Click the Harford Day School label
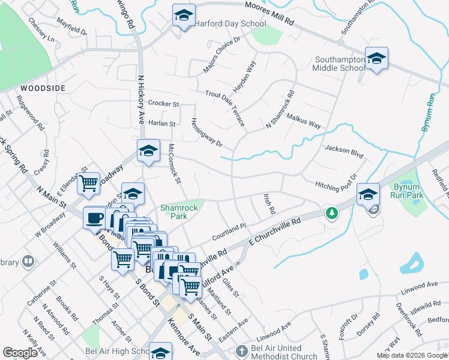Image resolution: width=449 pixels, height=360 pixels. tap(230, 24)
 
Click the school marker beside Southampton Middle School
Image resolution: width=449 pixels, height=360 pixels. tap(376, 58)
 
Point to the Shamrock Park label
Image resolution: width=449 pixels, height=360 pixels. tap(178, 212)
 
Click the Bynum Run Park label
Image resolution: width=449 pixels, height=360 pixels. tap(408, 191)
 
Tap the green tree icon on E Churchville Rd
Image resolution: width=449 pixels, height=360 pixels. tap(331, 212)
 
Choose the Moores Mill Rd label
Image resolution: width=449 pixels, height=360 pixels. tap(270, 14)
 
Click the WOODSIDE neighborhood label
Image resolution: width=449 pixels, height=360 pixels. tap(42, 88)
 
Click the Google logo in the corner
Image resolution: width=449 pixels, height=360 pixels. tap(20, 353)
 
